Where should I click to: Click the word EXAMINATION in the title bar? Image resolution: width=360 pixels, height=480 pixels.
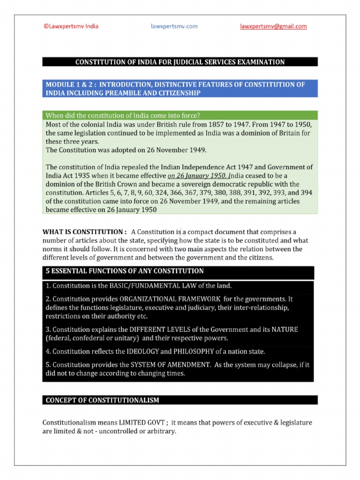point(260,62)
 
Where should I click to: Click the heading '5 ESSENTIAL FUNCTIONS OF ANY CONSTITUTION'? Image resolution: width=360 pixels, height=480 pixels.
point(125,271)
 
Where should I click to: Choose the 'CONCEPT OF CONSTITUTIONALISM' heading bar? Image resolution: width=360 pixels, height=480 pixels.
point(102,400)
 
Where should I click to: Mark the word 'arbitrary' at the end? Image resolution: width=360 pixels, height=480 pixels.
point(160,431)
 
